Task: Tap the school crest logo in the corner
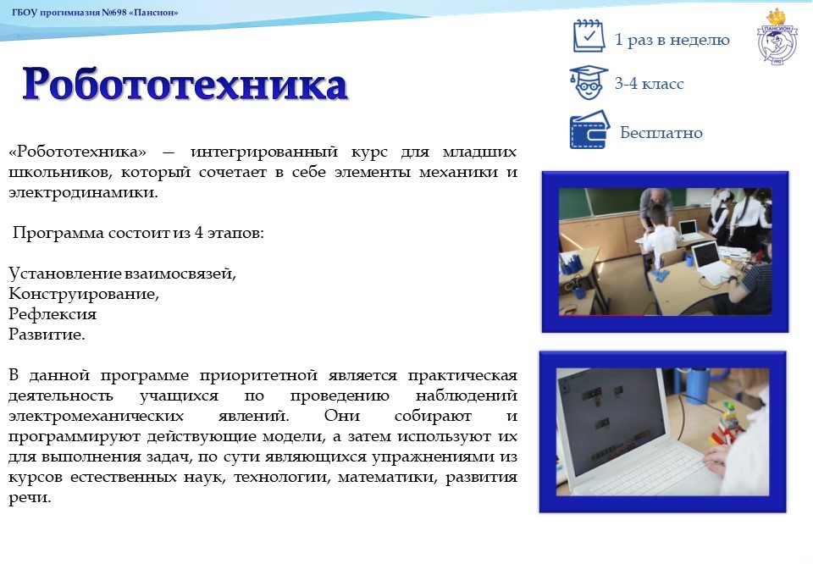777,37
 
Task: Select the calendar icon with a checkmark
589,36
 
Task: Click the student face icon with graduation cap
589,82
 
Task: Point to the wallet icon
589,130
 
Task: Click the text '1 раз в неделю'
672,40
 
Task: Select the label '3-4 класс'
649,84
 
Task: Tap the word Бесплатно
661,133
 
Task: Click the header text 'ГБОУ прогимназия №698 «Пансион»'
95,13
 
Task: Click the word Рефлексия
53,314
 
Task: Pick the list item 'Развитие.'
47,335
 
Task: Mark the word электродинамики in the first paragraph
82,192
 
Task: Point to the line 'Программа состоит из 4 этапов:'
138,233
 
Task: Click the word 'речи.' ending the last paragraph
30,498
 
